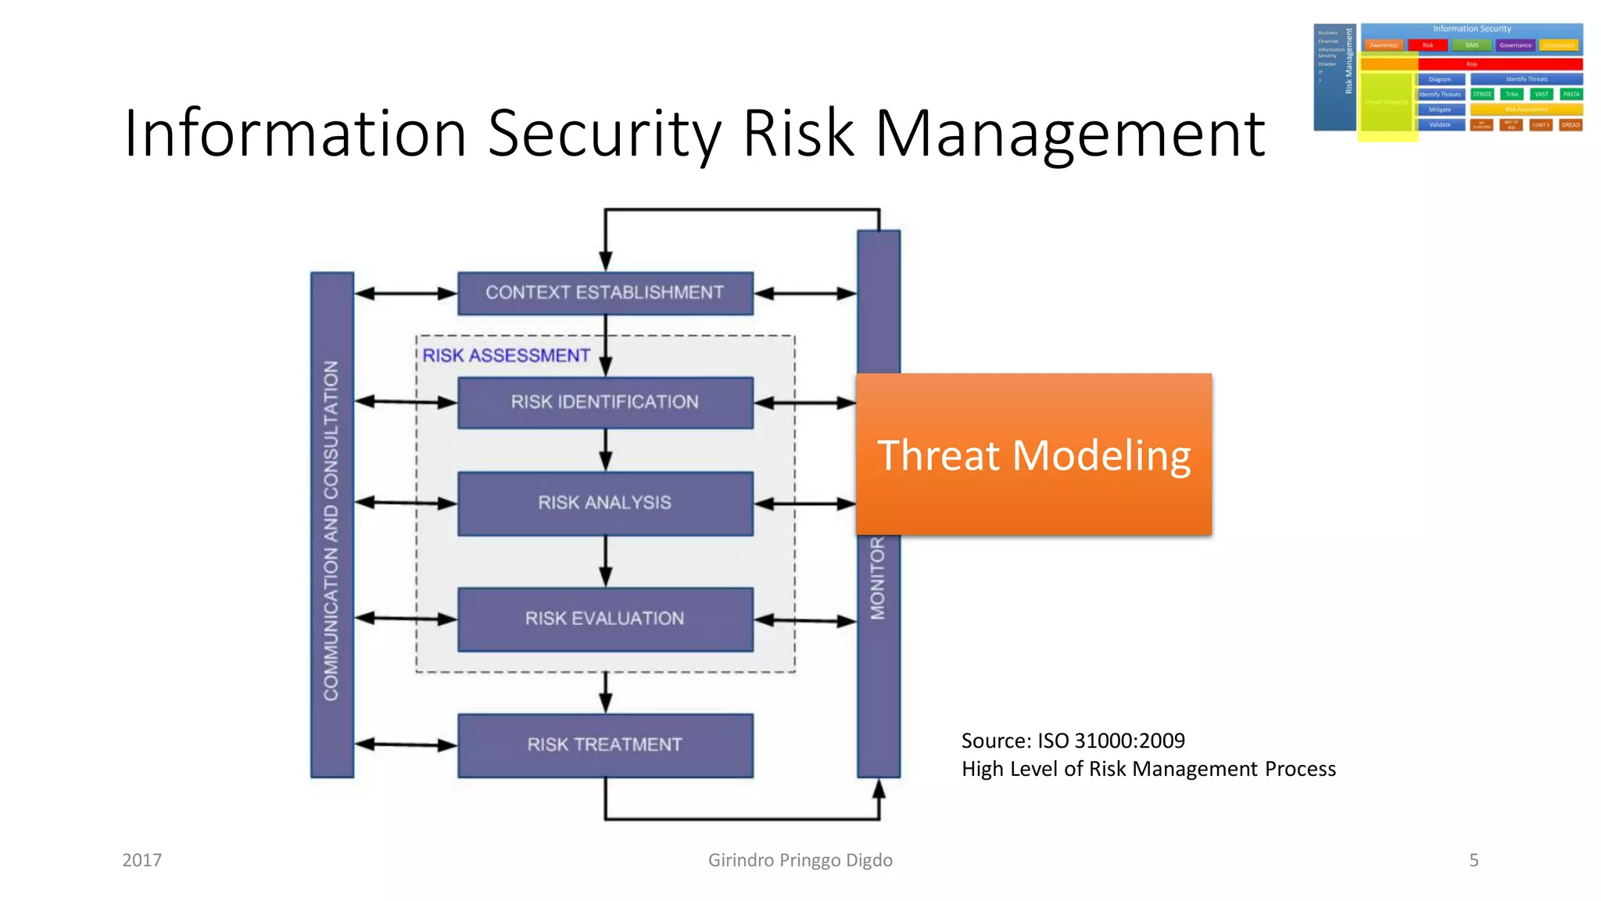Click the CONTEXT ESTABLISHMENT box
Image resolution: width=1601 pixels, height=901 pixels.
605,293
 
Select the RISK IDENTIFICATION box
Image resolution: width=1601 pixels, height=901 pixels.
605,403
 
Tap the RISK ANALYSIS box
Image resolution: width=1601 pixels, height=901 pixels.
605,503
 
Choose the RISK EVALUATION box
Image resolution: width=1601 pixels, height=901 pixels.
605,619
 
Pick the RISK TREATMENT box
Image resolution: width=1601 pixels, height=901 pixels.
605,745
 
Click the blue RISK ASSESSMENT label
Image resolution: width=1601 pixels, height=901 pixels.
506,356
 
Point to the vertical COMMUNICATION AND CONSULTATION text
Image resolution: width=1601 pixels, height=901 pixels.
331,530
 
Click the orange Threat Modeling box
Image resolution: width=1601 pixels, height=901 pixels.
1033,455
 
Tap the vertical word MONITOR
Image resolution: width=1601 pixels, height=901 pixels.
878,579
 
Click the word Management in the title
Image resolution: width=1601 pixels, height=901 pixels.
1069,134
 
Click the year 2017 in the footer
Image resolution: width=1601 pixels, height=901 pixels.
142,860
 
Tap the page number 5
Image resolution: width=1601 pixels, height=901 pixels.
1474,860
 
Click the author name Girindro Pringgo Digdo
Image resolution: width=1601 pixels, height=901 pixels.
800,860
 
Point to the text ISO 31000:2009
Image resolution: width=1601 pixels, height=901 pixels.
1111,741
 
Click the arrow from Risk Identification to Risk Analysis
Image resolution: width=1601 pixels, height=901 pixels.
606,450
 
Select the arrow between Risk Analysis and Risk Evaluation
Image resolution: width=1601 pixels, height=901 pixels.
606,562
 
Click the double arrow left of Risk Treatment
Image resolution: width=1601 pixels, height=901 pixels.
406,745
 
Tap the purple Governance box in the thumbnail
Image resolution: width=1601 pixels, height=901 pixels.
1515,45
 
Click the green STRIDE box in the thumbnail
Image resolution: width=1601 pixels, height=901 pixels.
1481,94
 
